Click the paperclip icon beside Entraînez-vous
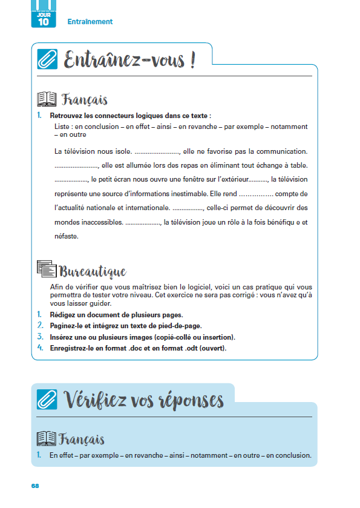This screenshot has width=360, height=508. point(47,59)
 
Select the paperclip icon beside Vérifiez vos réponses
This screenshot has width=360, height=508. point(47,400)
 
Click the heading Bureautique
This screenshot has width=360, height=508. point(93,271)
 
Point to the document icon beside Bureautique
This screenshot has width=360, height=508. point(47,269)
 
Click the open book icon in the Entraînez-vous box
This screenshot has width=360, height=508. point(47,99)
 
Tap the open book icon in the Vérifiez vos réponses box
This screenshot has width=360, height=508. point(47,439)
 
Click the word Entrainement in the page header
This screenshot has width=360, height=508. point(90,22)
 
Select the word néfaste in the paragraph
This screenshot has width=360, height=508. point(66,236)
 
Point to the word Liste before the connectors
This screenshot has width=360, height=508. point(62,127)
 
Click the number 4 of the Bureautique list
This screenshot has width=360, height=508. point(39,348)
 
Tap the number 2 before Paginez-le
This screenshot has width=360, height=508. point(39,326)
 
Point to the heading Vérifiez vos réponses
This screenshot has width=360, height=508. point(143,400)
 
